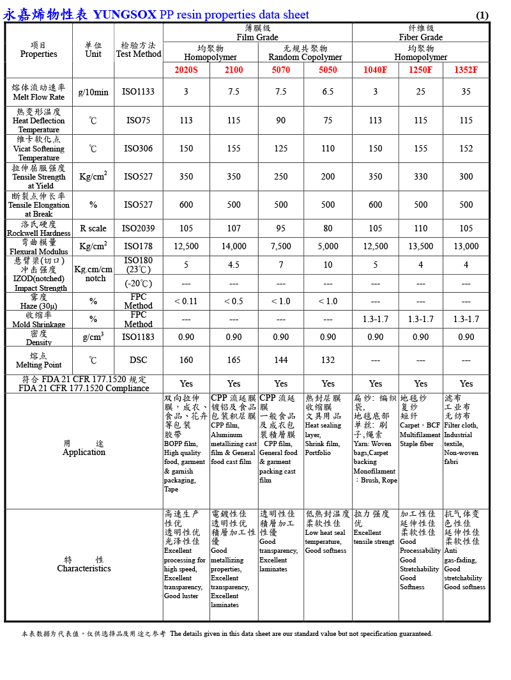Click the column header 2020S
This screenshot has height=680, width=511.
point(186,70)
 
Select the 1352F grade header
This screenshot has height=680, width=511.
point(466,70)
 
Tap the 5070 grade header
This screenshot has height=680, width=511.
point(281,70)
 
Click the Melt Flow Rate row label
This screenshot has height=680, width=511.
point(39,93)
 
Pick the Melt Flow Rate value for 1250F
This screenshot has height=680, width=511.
point(421,92)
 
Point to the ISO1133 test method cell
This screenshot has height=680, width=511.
point(139,92)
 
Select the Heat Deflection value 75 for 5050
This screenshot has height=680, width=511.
point(328,120)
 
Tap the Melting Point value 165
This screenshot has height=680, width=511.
point(234,360)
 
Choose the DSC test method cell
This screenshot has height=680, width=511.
point(139,360)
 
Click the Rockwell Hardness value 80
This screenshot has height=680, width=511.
point(328,228)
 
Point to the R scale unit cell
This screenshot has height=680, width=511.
point(93,228)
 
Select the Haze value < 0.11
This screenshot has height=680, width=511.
point(186,302)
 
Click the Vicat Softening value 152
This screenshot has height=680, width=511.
point(466,148)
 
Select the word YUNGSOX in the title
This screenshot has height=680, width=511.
point(125,15)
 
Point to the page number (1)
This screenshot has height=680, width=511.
point(482,15)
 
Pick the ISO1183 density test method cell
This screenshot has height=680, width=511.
point(139,337)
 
